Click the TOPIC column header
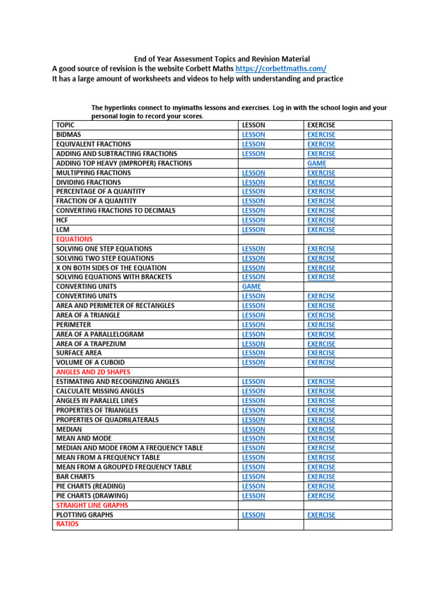tap(65, 125)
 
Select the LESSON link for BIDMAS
tap(254, 135)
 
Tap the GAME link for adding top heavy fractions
tap(317, 163)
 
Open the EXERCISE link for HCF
tap(321, 220)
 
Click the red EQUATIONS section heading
tap(74, 239)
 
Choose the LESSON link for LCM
tap(254, 230)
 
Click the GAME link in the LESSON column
tap(251, 286)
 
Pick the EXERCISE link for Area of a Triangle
tap(321, 315)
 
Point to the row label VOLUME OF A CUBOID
tap(90, 362)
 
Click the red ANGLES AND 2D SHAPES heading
tap(93, 372)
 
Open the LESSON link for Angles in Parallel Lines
tap(254, 401)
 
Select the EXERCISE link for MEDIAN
tap(321, 429)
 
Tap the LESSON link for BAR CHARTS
tap(254, 476)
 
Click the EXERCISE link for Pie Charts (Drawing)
tap(321, 495)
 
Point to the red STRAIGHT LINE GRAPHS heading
tap(92, 505)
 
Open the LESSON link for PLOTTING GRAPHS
tap(254, 515)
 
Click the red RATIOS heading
tap(67, 524)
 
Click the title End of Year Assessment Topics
tap(222, 59)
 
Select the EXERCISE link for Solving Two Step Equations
tap(321, 258)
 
